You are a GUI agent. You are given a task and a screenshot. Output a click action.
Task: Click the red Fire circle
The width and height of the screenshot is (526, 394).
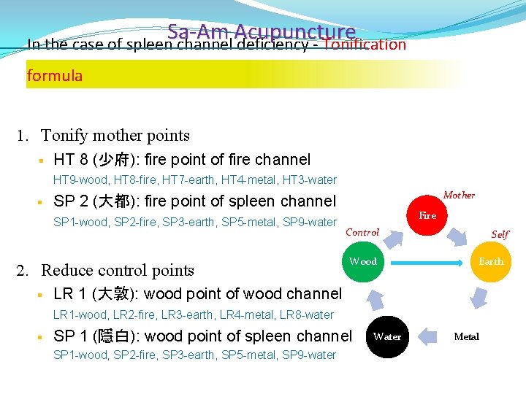[x=427, y=216]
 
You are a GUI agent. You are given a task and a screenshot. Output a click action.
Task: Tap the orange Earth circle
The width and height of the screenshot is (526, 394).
[x=491, y=261]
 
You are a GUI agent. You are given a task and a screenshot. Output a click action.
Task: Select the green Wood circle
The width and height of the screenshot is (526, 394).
[x=363, y=261]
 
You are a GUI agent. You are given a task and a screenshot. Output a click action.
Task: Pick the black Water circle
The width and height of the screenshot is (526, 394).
[x=387, y=336]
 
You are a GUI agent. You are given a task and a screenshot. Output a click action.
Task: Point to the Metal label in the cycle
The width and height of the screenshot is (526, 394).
[x=467, y=336]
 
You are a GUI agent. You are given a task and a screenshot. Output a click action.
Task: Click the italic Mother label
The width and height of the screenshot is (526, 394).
[x=459, y=195]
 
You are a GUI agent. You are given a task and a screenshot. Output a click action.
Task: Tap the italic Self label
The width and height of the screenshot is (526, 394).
[x=500, y=234]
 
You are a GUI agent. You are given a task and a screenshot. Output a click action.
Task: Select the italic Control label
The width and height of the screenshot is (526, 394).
[x=362, y=233]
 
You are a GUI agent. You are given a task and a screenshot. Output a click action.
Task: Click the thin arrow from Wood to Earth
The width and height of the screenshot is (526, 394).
[x=427, y=261]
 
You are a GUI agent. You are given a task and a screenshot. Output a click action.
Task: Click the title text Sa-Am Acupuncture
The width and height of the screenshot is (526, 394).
[x=261, y=32]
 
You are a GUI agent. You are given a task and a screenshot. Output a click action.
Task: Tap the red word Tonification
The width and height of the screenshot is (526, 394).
[x=364, y=45]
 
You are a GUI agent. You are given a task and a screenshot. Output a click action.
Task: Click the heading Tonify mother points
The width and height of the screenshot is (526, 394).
[x=115, y=135]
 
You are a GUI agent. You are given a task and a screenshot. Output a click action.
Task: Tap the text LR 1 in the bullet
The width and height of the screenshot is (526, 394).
[x=69, y=294]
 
